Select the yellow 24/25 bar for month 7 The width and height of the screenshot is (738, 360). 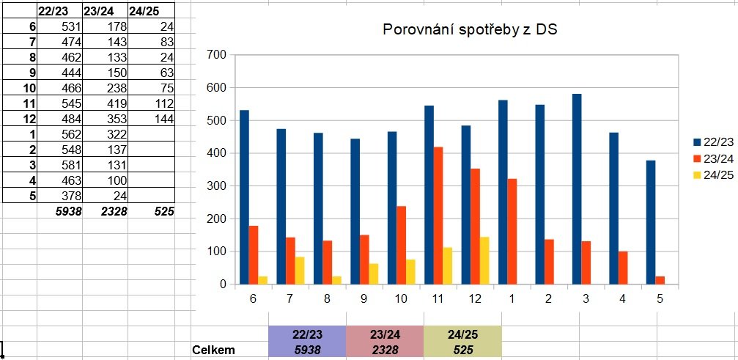pos(299,271)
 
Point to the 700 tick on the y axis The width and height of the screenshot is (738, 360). pos(216,55)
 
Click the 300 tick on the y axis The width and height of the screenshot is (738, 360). pos(216,186)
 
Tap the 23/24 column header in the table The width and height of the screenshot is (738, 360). pos(100,11)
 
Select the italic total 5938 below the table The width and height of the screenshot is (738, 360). pos(66,211)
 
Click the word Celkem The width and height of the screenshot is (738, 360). pos(213,350)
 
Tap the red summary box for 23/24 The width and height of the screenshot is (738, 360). pos(384,342)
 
